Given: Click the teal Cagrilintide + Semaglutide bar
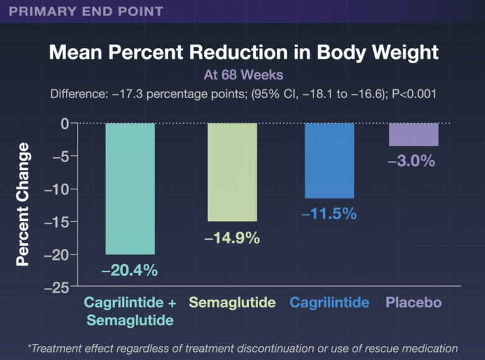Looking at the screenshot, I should tap(130, 189).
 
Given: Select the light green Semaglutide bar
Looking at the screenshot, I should tap(232, 172).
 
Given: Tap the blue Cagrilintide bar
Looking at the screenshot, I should tap(329, 161).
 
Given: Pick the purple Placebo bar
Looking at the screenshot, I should tap(414, 135).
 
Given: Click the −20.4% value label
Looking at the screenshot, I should tap(130, 270).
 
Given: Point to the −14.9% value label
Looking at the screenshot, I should tap(232, 237).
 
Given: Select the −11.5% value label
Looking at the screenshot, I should tap(329, 214).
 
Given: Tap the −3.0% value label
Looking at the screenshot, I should tap(411, 161).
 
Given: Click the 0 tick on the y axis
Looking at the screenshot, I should tap(64, 124).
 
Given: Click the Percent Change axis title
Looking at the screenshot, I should tap(23, 204).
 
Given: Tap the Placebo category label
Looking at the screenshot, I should tap(414, 303).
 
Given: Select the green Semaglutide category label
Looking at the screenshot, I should tap(232, 303).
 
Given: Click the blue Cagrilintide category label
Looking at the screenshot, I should tap(329, 303).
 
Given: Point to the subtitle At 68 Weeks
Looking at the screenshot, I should tap(243, 75).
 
